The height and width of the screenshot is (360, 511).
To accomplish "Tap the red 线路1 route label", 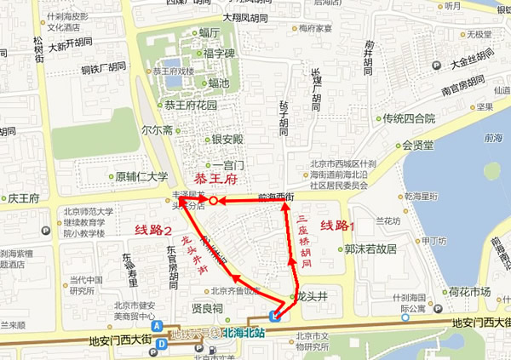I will tap(336, 226).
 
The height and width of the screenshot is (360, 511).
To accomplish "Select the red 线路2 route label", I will tap(153, 231).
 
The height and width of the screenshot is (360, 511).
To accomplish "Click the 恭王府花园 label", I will tap(191, 106).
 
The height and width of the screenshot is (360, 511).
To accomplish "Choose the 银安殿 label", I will tap(227, 139).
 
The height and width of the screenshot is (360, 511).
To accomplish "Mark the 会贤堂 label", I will tap(418, 145).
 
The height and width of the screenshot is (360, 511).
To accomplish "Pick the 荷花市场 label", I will tap(470, 292).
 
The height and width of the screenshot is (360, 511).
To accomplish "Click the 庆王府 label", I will tap(24, 198).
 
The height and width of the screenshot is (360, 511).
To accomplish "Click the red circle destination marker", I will tap(214, 201).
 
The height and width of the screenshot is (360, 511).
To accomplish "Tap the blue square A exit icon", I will tap(157, 326).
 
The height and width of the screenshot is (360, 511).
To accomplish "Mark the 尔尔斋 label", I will tap(158, 130).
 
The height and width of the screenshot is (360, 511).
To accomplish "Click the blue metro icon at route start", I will tap(273, 316).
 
